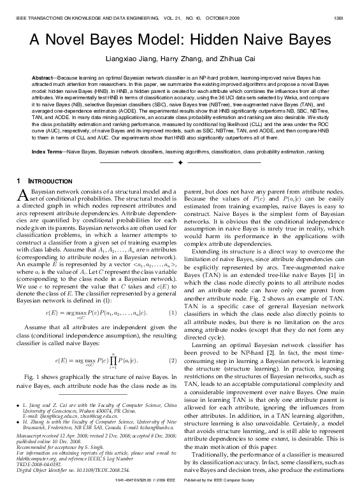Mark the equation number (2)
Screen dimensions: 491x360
tap(171, 360)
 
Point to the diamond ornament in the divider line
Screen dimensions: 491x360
tap(180, 164)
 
